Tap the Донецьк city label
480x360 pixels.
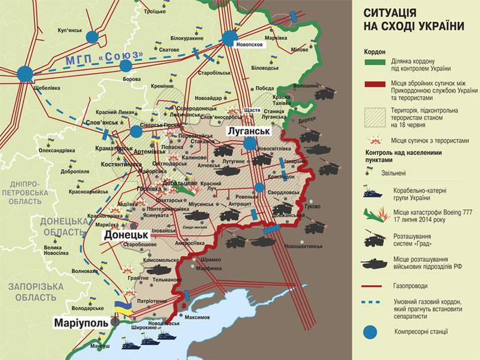(127, 235)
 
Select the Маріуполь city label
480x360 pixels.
(82, 322)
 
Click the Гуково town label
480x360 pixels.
(313, 206)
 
